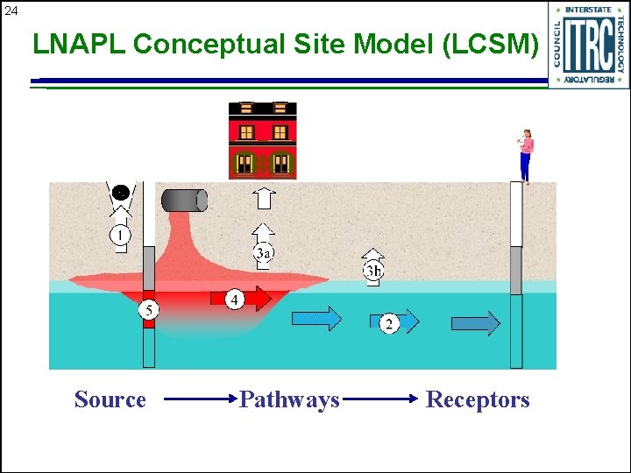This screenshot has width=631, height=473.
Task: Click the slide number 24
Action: click(x=11, y=11)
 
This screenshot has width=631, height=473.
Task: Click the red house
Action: click(x=262, y=139)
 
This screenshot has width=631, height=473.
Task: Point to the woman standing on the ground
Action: click(x=526, y=155)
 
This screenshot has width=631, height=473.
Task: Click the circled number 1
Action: click(x=120, y=235)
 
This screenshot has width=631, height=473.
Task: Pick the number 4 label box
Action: click(x=234, y=300)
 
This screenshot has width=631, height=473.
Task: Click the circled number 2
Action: click(x=389, y=324)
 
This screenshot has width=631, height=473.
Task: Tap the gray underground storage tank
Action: click(x=184, y=200)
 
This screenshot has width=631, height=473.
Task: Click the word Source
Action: click(x=110, y=400)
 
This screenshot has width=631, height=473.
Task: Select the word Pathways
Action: click(x=289, y=400)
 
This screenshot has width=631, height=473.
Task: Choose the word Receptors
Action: click(x=478, y=400)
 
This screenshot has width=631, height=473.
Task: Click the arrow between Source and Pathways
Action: click(x=201, y=400)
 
